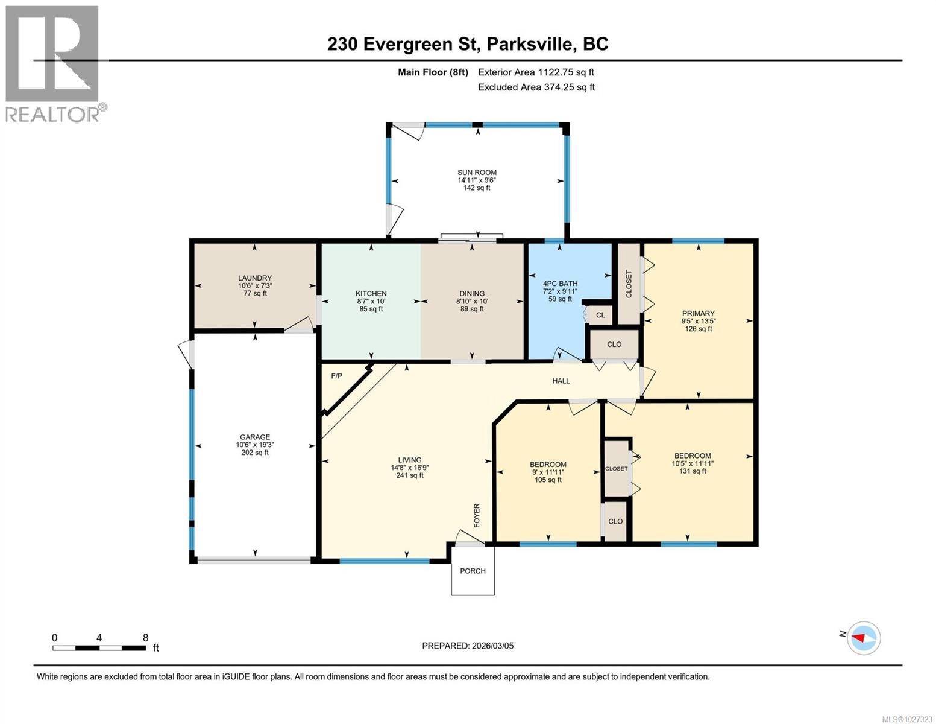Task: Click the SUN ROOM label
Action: tap(476, 173)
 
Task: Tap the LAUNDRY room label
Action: tap(254, 278)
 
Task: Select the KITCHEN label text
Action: tap(371, 294)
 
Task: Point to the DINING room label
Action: tap(472, 294)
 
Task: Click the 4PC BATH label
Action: tap(560, 284)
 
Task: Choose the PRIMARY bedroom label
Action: tap(698, 313)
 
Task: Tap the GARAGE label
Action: tap(254, 437)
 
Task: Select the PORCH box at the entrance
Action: tap(473, 571)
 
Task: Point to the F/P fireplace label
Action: tap(336, 376)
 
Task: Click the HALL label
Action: tap(561, 381)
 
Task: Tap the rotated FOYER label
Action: tap(477, 515)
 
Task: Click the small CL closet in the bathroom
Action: tap(600, 315)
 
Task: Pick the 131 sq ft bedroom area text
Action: tap(692, 471)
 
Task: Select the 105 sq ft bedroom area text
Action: tap(548, 480)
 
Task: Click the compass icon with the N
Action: tap(864, 637)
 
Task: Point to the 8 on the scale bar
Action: tap(145, 638)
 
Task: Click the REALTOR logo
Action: tap(53, 63)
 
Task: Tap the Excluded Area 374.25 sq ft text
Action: tap(536, 87)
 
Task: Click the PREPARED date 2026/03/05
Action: tap(468, 646)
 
